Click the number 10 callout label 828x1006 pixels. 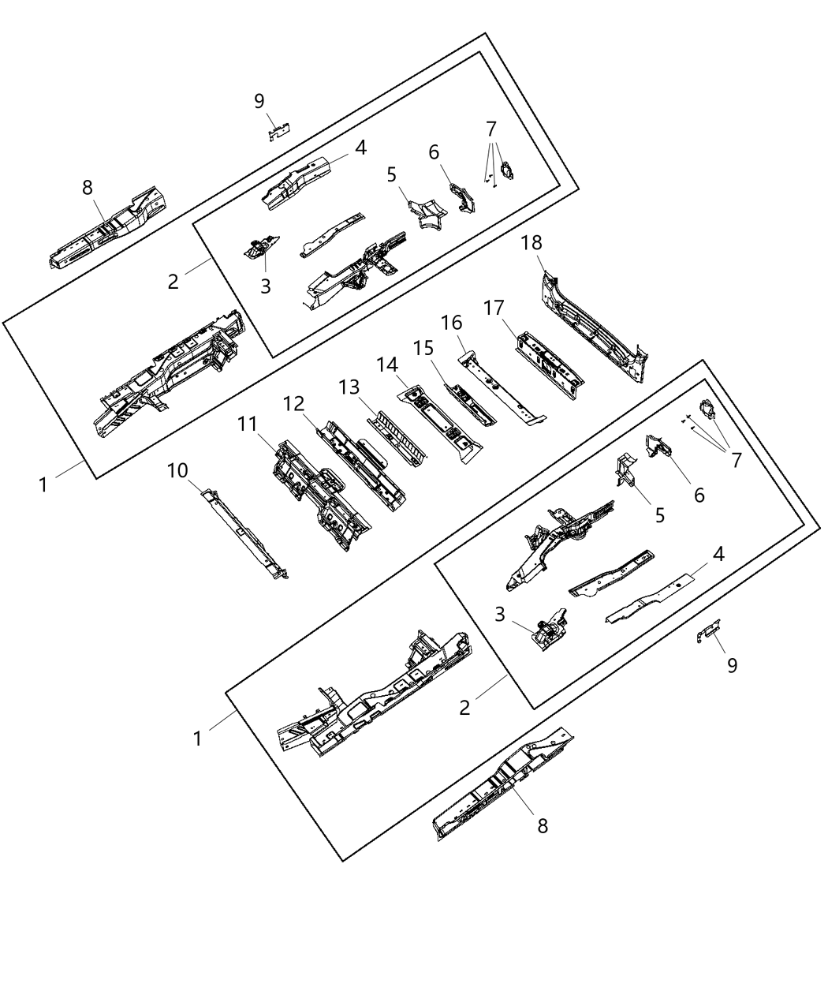[177, 471]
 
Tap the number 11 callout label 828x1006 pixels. [248, 424]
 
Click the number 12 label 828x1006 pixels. [293, 403]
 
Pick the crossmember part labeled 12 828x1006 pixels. [360, 466]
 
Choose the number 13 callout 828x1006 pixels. [349, 387]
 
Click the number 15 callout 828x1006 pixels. [423, 347]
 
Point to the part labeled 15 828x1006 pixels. [470, 404]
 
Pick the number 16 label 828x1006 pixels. [451, 323]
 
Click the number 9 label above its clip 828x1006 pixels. [259, 101]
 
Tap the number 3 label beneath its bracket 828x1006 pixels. [265, 286]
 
